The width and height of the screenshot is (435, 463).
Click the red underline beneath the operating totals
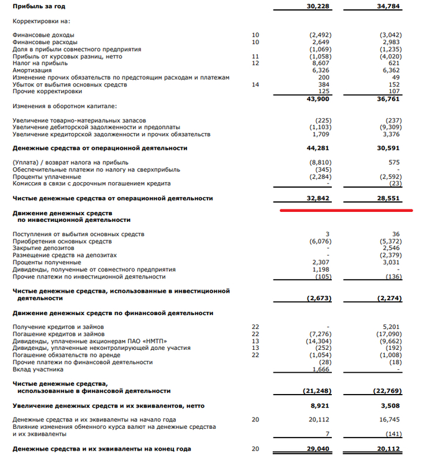click(x=346, y=210)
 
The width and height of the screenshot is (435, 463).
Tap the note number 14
click(x=255, y=84)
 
